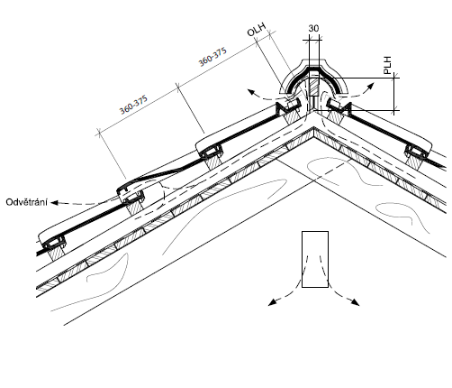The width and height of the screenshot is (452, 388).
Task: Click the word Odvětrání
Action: pyautogui.click(x=26, y=202)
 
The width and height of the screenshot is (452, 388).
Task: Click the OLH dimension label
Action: pyautogui.click(x=257, y=30)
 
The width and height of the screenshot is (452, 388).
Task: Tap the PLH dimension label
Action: pyautogui.click(x=388, y=65)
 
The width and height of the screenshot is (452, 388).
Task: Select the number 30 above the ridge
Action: pyautogui.click(x=313, y=28)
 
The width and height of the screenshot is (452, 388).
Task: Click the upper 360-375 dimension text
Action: pyautogui.click(x=212, y=57)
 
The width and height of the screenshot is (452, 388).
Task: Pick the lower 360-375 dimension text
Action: pyautogui.click(x=133, y=105)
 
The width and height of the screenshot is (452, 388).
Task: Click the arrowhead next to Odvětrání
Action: pyautogui.click(x=54, y=202)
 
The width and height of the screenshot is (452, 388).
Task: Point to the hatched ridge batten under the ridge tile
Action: pyautogui.click(x=314, y=88)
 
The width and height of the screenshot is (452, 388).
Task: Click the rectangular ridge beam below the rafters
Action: pyautogui.click(x=315, y=259)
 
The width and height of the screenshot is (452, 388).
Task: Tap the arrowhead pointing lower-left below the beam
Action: pyautogui.click(x=272, y=302)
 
